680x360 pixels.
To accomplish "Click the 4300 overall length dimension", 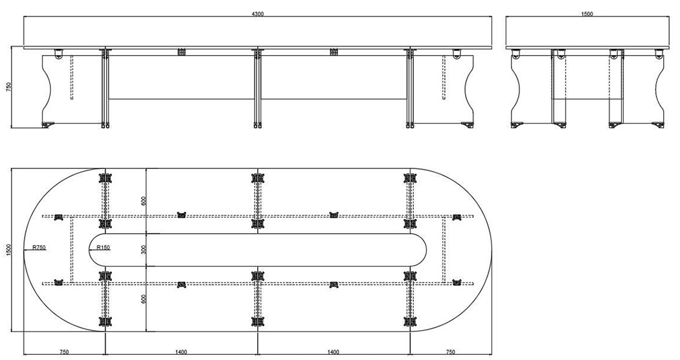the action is pos(257,14).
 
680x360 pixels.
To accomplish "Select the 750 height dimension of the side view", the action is pos(8,87).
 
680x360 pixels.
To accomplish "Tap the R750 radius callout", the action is pos(39,248).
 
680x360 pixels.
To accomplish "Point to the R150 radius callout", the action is pos(103,248).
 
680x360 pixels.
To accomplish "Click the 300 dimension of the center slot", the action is pos(144,250).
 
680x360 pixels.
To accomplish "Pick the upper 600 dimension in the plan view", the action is pos(144,201).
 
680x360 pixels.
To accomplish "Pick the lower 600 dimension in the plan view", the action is pos(144,299).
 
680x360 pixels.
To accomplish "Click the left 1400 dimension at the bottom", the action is pos(181,352).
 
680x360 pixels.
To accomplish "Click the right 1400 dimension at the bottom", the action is pos(333,352).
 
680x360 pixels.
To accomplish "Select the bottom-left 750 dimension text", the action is pos(64,352).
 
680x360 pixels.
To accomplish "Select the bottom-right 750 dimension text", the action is pos(451,352).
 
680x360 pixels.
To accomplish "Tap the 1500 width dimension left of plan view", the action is pos(8,250).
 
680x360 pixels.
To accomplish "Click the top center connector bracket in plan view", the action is pos(258,178).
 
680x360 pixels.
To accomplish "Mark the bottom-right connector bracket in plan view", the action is pos(410,321).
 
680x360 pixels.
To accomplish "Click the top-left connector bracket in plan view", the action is pos(106,178).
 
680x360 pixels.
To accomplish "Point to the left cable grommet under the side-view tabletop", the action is pos(181,52).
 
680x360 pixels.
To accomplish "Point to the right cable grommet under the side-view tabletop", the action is pos(333,52).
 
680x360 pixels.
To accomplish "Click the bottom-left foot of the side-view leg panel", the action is pos(47,125).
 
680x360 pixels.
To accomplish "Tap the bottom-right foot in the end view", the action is pos(658,125).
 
